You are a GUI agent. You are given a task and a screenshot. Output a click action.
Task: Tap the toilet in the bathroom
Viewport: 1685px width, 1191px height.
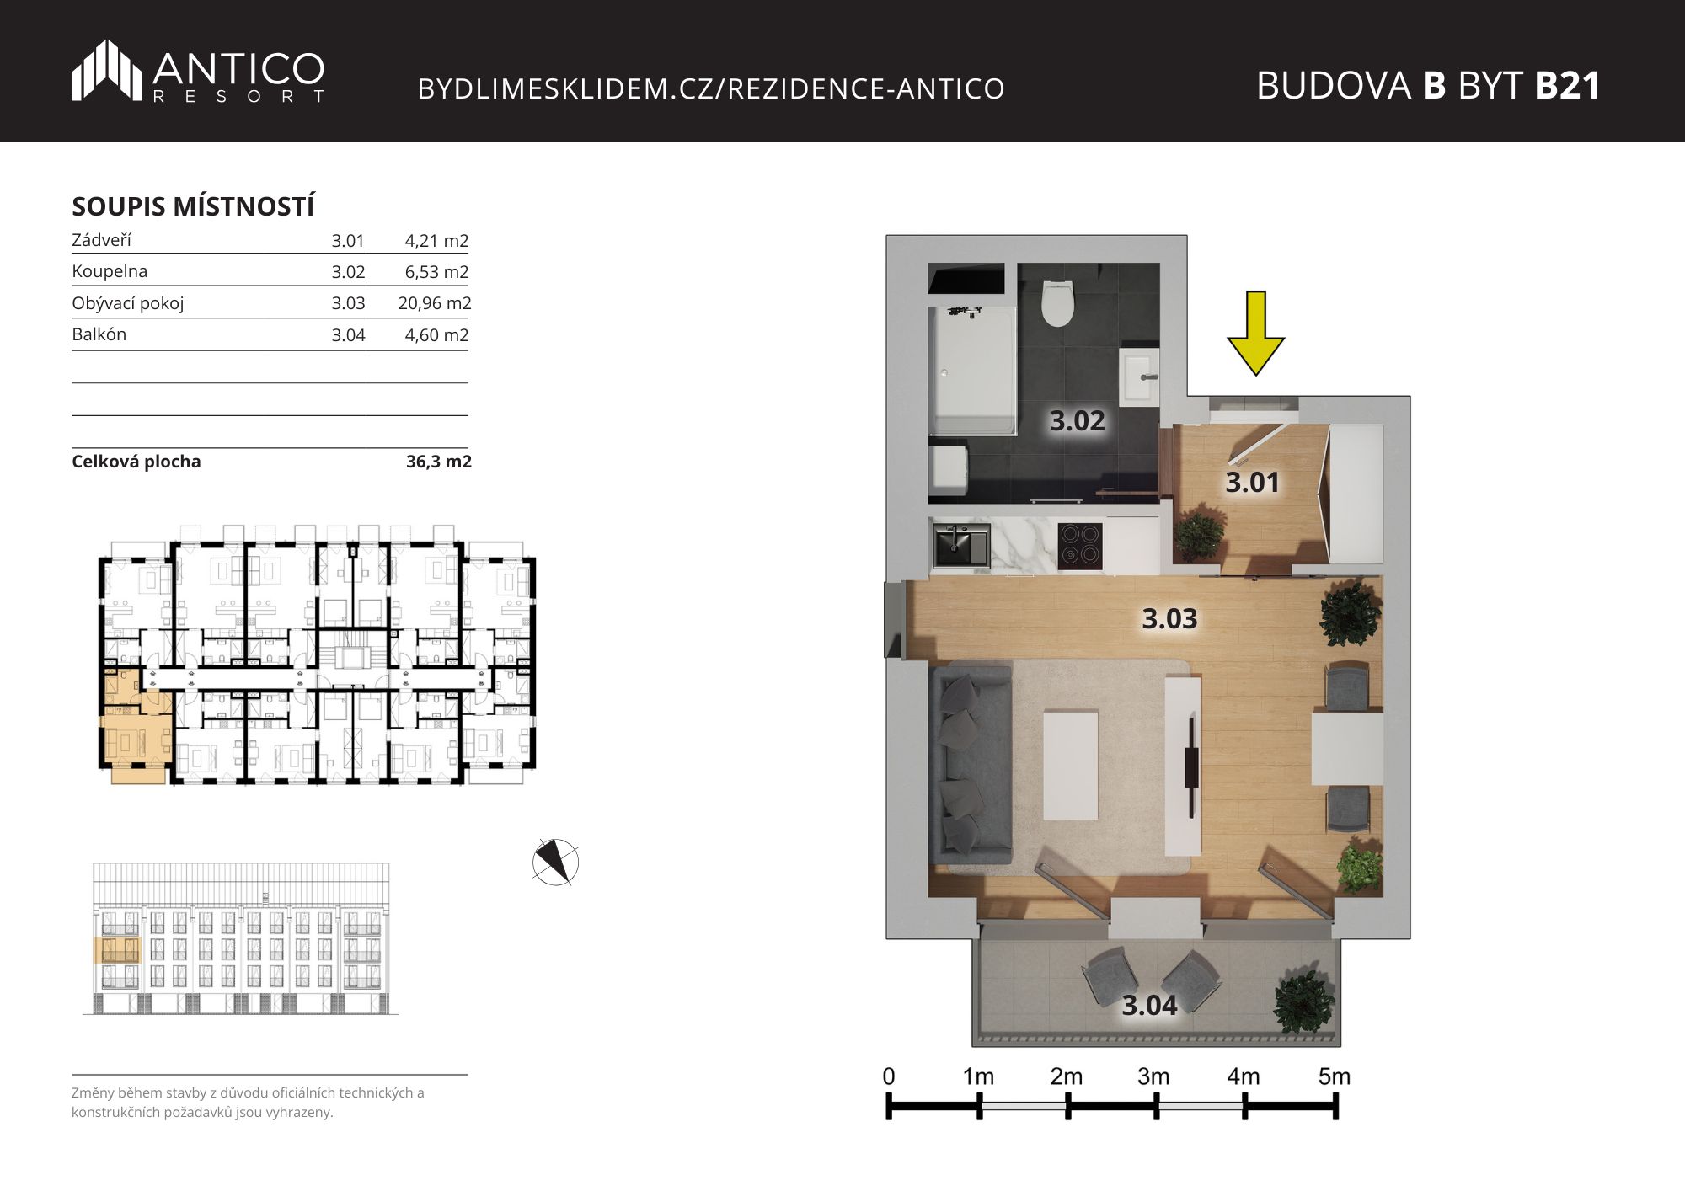tap(1057, 304)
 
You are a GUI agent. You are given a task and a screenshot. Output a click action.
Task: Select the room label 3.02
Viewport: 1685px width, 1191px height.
tap(1077, 420)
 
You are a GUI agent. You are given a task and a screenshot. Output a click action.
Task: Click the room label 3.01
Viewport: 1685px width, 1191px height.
tap(1252, 483)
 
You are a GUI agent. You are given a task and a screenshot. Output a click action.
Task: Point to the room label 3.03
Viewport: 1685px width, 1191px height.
tap(1169, 619)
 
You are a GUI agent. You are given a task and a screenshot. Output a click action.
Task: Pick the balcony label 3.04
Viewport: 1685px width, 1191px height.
tap(1149, 1005)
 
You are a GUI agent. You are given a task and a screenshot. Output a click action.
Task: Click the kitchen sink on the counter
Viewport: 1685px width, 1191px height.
tap(961, 544)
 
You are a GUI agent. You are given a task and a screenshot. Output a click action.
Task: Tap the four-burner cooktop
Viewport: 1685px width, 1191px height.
tap(1079, 544)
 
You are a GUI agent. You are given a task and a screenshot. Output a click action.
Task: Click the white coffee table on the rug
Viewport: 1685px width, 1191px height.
tap(1071, 765)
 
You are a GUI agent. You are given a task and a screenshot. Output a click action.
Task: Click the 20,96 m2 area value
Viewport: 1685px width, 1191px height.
tap(435, 303)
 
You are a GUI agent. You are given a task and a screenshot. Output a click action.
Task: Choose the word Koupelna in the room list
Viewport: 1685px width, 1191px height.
tap(110, 271)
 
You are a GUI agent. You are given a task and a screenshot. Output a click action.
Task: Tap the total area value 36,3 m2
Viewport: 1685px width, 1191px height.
tap(439, 462)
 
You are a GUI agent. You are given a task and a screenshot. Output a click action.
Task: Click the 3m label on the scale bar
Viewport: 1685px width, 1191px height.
tap(1153, 1076)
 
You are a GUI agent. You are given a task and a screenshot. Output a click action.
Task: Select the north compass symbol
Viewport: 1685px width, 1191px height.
tap(556, 863)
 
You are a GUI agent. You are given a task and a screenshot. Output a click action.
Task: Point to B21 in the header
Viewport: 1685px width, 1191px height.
tap(1567, 86)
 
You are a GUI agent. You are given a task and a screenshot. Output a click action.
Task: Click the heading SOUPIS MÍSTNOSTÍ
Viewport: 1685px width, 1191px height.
tap(194, 206)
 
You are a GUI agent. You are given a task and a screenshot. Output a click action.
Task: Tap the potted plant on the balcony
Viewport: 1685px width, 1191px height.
tap(1304, 1002)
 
